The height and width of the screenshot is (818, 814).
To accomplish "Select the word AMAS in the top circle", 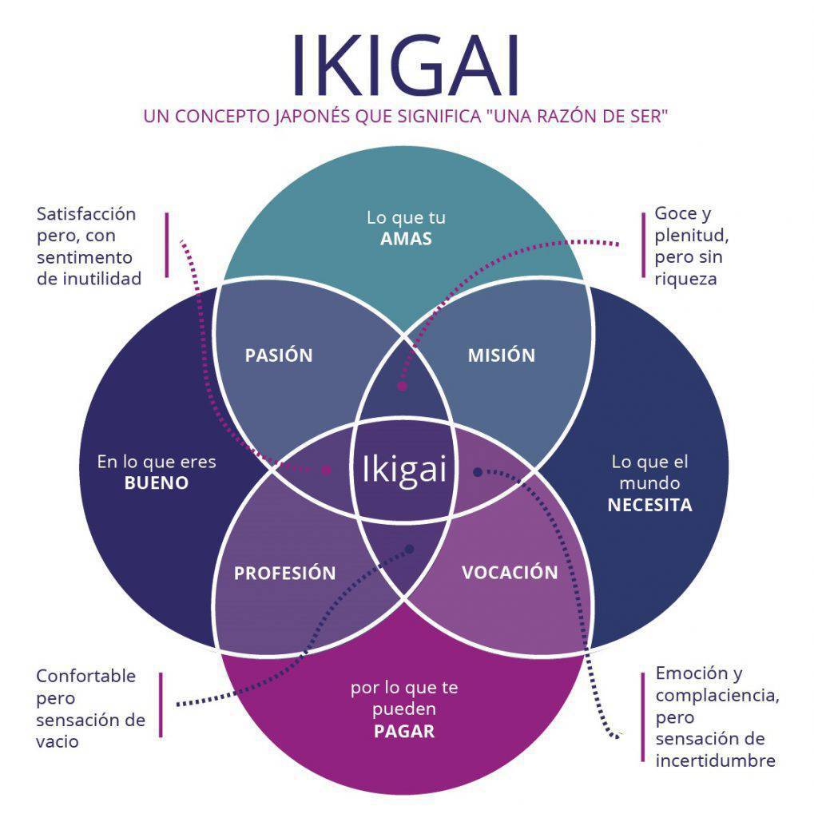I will point(406,239).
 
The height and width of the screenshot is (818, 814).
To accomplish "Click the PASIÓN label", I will point(279,355).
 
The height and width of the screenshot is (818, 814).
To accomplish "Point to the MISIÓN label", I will point(501,355).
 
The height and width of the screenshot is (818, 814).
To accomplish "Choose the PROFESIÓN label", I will point(284,574).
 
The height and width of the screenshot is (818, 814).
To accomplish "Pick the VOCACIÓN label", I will point(510,573).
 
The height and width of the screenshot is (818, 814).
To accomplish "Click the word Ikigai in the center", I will point(404,469).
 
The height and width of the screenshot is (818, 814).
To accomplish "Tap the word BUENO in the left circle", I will point(157,483).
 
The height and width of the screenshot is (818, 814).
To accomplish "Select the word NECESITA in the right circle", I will point(649,505).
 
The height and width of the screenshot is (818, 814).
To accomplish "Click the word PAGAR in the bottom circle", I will point(404,731).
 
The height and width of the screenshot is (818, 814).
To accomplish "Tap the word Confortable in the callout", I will point(86,676).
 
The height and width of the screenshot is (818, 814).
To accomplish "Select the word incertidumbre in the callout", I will point(715,760).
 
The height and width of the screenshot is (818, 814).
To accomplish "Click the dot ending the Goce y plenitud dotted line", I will point(402,386).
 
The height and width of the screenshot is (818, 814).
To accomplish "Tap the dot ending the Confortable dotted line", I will point(410,550).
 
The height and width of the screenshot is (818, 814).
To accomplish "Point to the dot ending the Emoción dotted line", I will point(478,472).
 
